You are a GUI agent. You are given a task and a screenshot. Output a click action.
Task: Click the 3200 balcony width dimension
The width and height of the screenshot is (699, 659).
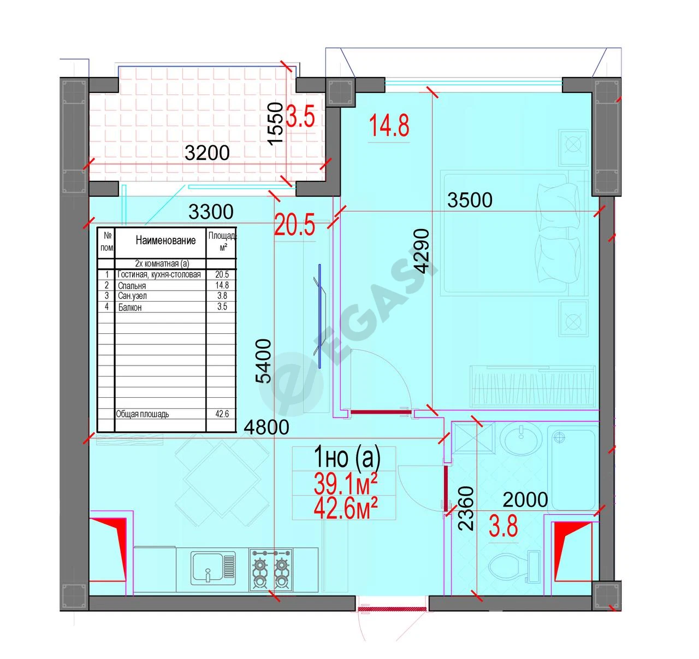(x=207, y=153)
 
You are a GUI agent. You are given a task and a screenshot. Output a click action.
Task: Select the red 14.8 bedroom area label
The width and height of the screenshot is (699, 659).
(x=389, y=126)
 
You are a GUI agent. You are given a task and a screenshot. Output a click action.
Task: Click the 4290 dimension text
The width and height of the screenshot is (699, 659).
(x=422, y=251)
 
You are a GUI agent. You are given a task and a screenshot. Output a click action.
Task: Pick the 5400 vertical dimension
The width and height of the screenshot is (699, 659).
(x=264, y=361)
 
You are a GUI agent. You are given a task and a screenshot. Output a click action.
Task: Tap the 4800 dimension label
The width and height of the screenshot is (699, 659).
(x=266, y=428)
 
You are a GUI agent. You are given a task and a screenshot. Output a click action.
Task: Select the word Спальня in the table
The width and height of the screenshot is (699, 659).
(x=132, y=286)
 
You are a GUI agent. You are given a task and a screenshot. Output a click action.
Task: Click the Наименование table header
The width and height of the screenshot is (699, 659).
(x=165, y=240)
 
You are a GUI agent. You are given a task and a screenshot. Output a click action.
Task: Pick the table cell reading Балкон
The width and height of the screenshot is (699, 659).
(x=129, y=308)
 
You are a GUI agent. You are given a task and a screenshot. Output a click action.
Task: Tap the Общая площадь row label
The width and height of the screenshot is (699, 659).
(x=143, y=414)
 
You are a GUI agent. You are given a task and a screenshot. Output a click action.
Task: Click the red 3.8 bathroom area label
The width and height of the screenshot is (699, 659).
(x=503, y=527)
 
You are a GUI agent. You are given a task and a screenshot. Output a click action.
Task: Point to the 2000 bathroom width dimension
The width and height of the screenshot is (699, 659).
(x=525, y=499)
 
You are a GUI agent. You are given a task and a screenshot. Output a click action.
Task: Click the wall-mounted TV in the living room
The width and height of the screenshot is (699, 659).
(x=319, y=316)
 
